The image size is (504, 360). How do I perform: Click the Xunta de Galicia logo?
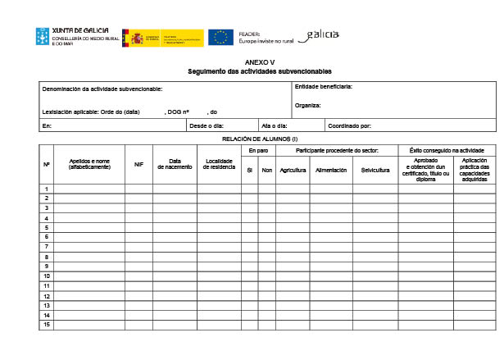70,37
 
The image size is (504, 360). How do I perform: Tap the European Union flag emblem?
220,37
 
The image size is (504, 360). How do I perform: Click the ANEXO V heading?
260,63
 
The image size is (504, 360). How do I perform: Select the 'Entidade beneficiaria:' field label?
323,87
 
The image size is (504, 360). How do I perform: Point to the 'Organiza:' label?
308,106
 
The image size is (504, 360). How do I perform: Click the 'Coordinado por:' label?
350,125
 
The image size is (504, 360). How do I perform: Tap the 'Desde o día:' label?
207,125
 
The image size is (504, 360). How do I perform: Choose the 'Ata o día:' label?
274,125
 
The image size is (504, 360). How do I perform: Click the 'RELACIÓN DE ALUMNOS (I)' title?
259,139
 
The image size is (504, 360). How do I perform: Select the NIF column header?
138,165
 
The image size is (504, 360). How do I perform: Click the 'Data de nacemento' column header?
175,164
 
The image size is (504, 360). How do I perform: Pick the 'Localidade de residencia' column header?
219,164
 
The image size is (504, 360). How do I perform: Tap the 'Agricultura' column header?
293,170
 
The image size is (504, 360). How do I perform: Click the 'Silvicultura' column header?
375,170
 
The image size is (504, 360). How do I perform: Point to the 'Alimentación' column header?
331,170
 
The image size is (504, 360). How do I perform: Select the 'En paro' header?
258,151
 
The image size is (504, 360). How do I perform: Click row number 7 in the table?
47,246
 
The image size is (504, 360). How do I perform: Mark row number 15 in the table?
47,325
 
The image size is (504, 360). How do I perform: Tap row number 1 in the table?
47,189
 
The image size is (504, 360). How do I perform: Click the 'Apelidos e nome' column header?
89,164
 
